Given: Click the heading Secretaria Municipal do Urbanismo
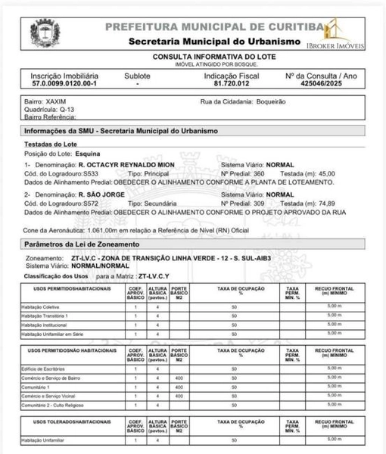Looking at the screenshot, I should pyautogui.click(x=215, y=40).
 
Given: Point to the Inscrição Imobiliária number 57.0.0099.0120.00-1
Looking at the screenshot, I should pyautogui.click(x=64, y=85).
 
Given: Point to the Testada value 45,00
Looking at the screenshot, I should pyautogui.click(x=325, y=173).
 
